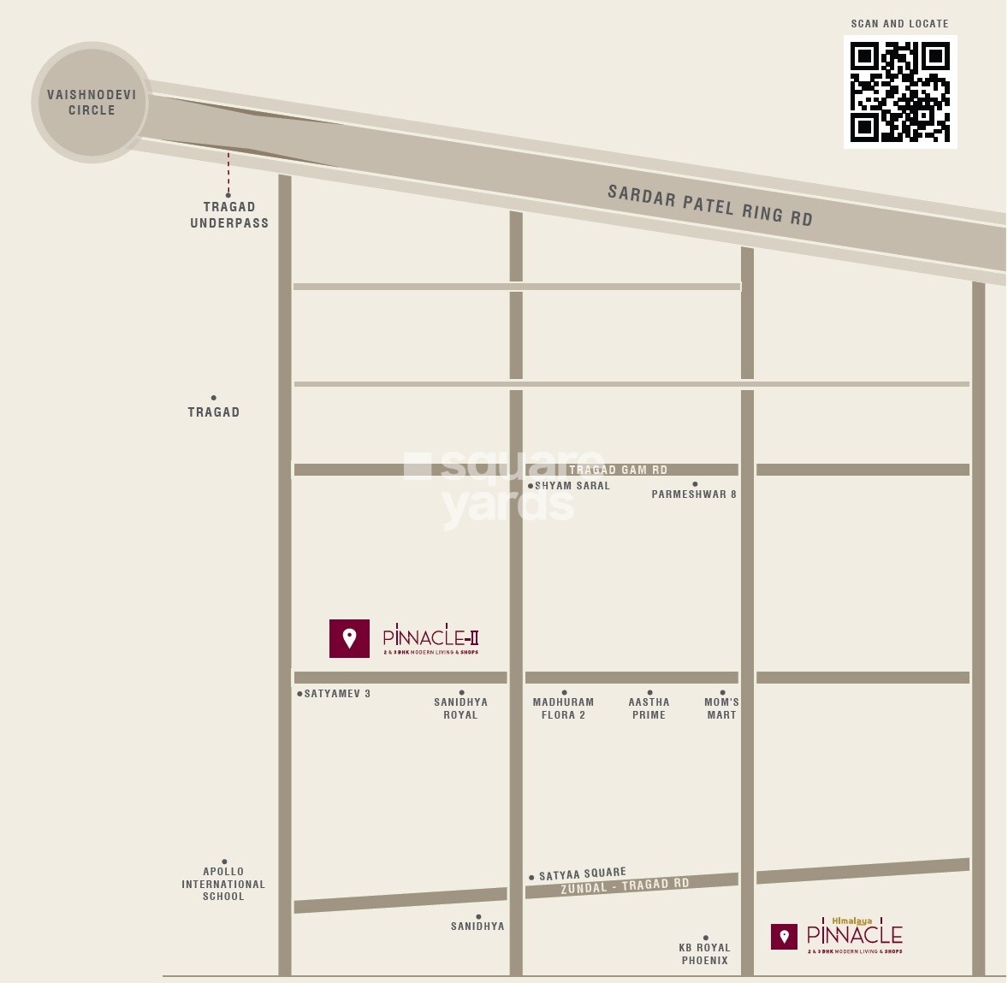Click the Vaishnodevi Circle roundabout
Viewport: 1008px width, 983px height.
(91, 103)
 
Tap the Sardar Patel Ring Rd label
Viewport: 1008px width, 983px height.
(709, 205)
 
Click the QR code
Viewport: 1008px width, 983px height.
(900, 92)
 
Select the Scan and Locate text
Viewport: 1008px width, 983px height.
(899, 24)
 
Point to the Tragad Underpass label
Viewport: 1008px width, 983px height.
(229, 215)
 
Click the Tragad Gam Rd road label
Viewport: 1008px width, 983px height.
(618, 470)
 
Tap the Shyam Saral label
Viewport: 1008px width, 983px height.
(572, 486)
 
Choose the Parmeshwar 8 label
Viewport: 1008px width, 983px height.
(694, 494)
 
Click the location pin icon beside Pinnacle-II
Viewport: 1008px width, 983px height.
(349, 638)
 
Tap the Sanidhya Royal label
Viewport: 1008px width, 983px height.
(460, 708)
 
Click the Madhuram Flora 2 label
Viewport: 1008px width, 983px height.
(563, 708)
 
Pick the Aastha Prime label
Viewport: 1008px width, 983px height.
(649, 708)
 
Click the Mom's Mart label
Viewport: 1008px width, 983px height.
(721, 708)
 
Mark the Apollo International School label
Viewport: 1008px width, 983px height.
(223, 884)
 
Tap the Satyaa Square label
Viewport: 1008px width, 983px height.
(582, 874)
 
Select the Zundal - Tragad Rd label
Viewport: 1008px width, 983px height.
(625, 886)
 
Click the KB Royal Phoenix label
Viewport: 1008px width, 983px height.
(705, 954)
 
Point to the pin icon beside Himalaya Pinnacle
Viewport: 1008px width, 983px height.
(784, 937)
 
